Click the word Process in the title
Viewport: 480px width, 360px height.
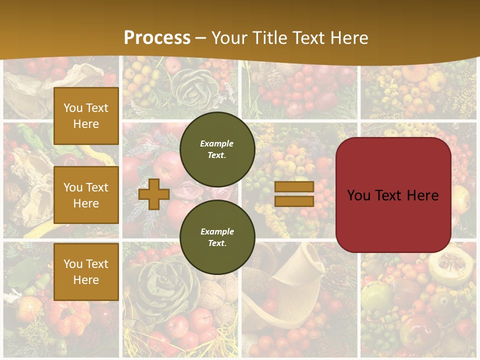[157, 38]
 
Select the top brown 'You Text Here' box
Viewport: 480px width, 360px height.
[86, 116]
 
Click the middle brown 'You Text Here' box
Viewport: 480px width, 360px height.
[86, 195]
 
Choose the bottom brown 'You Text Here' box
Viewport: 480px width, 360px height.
[86, 272]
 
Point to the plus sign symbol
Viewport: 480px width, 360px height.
[154, 194]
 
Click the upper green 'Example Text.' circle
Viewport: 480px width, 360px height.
[217, 149]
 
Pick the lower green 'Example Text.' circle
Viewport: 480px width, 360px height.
[217, 237]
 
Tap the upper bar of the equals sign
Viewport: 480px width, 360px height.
[294, 187]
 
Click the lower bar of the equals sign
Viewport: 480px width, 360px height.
[294, 201]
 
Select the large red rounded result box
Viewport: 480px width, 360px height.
[393, 195]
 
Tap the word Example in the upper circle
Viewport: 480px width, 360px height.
[217, 143]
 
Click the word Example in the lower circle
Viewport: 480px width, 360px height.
[217, 231]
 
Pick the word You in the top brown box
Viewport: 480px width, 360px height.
[73, 108]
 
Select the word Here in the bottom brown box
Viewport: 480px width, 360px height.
[86, 280]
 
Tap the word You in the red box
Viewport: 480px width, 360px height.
[359, 195]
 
